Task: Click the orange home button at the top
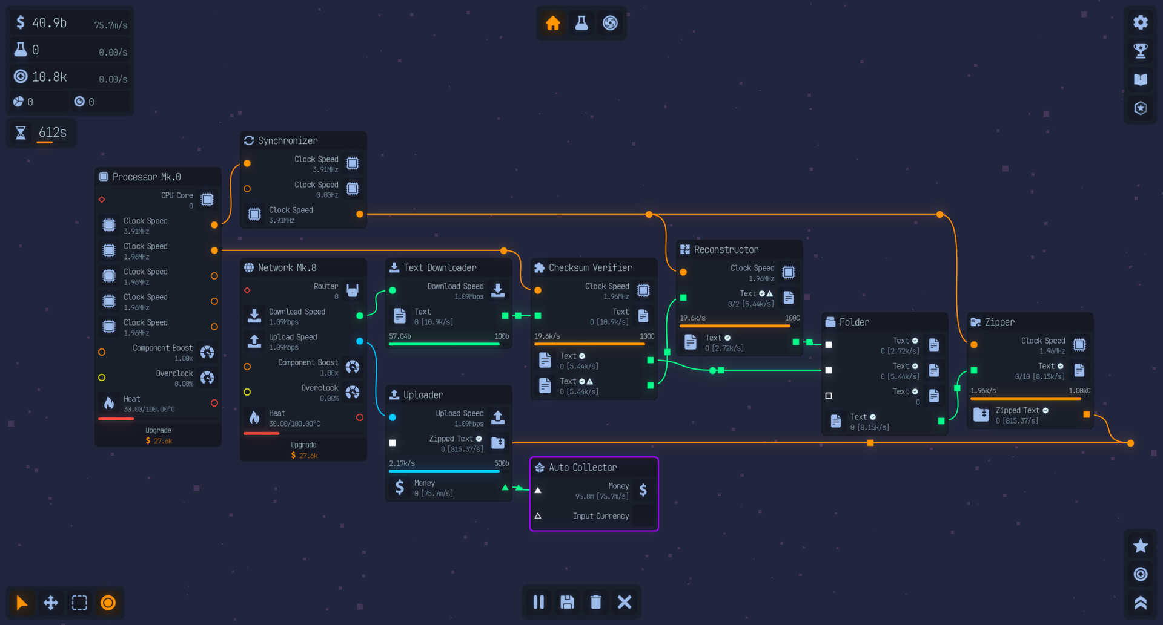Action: tap(553, 23)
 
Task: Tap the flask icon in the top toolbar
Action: tap(581, 23)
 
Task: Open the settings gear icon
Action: tap(1141, 22)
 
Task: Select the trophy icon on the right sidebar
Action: tap(1141, 51)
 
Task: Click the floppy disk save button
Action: tap(567, 602)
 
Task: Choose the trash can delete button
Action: tap(596, 602)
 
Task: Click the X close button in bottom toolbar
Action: tap(625, 602)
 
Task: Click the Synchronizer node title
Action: tap(288, 141)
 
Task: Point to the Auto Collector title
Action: tap(583, 468)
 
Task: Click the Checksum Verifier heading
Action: tap(590, 268)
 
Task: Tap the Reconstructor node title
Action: tap(726, 250)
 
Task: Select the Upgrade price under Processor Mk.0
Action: tap(159, 441)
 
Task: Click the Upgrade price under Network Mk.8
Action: tap(305, 456)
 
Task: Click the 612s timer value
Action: tap(53, 133)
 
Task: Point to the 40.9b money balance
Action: tap(49, 23)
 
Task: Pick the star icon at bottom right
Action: tap(1141, 546)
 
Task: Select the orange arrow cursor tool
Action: tap(22, 603)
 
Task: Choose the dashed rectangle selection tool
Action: tap(79, 603)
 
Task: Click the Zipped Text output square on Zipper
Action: tap(1087, 414)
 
